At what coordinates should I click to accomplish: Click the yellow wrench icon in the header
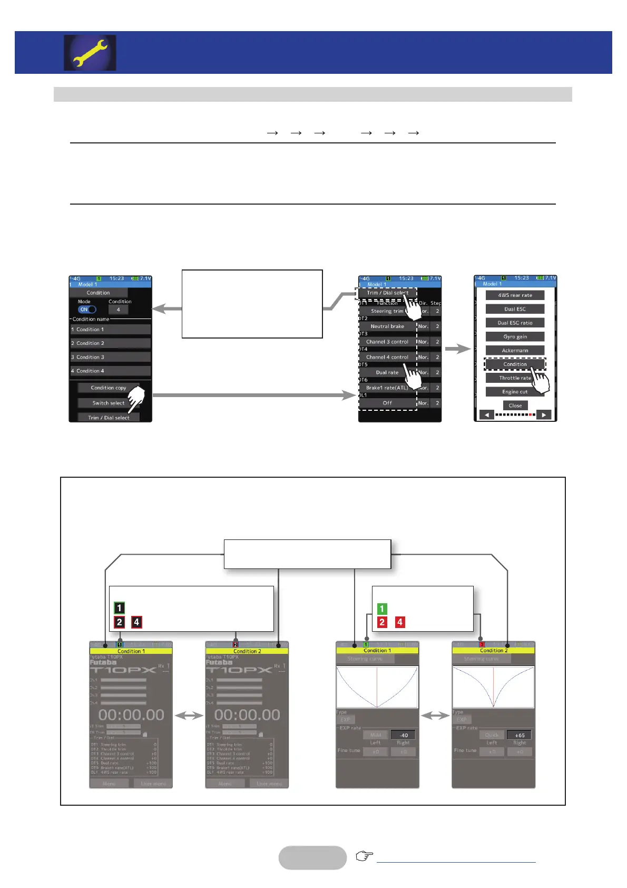tap(90, 53)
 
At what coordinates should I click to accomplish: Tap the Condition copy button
tap(108, 388)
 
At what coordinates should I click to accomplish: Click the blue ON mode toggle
tap(87, 310)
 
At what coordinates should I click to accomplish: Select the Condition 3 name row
tap(111, 357)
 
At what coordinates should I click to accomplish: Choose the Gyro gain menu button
tap(515, 336)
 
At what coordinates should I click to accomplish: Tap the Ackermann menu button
tap(515, 350)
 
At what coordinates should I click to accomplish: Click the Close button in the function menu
tap(515, 406)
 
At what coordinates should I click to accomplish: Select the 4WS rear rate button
tap(515, 295)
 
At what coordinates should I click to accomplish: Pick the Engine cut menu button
tap(515, 392)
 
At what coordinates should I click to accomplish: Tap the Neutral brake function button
tap(387, 326)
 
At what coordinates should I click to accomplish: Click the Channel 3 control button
tap(387, 342)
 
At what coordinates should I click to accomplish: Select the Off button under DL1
tap(387, 403)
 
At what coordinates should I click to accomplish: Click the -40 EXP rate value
tap(404, 735)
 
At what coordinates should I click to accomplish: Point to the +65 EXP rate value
tap(520, 735)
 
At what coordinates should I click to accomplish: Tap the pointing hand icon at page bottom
tap(364, 856)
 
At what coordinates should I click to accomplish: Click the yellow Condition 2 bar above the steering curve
tap(493, 651)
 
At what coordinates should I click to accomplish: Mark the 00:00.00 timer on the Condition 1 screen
tap(131, 715)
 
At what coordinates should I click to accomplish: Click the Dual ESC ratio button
tap(515, 323)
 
